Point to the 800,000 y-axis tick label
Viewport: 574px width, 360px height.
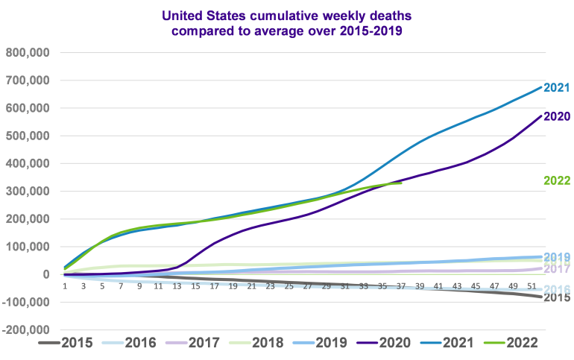point(28,52)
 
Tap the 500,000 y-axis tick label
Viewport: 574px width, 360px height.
point(28,136)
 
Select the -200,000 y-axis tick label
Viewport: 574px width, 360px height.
point(26,330)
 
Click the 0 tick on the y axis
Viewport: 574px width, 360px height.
point(45,274)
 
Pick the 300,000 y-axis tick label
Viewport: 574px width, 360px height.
point(28,192)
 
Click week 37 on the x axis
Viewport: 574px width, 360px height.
point(402,286)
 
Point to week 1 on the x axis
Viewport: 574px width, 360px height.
point(66,286)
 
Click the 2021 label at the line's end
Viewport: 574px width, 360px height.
point(557,88)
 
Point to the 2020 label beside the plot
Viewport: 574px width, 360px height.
point(557,116)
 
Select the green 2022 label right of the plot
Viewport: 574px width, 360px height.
point(557,180)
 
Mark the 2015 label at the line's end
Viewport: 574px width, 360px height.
point(557,297)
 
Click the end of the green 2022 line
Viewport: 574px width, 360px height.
point(401,183)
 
